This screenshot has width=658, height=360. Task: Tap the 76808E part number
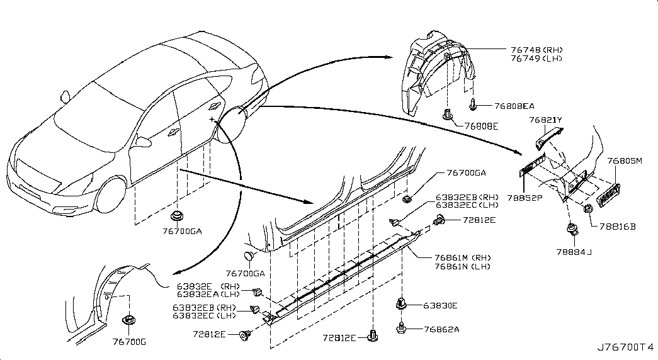click(x=482, y=126)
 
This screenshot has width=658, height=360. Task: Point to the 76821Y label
click(x=545, y=119)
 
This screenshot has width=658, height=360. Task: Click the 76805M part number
click(x=624, y=161)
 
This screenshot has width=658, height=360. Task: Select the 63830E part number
click(x=440, y=306)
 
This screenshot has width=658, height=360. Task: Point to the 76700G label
click(x=128, y=342)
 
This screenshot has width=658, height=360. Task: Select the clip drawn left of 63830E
click(x=400, y=304)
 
